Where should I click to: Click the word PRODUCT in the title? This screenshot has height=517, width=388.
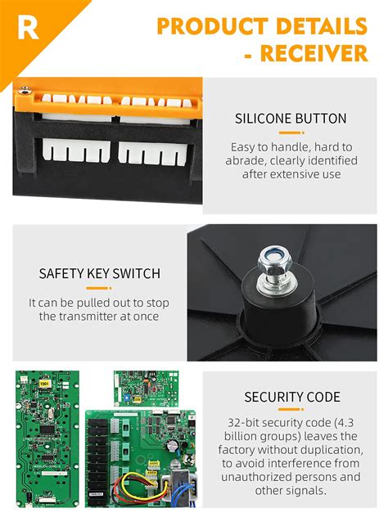point(219,25)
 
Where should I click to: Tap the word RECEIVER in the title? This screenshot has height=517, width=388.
point(315,54)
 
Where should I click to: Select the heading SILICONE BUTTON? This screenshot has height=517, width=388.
point(290,118)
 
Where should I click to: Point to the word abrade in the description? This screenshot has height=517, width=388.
point(243,160)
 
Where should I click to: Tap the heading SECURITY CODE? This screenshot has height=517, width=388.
point(291,397)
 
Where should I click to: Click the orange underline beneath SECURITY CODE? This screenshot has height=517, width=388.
point(291,411)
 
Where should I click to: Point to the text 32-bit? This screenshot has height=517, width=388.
point(245,424)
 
